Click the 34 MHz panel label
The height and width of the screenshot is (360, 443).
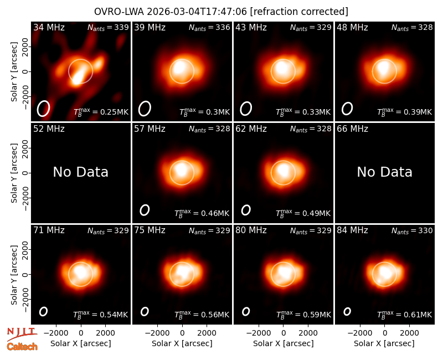[x=49, y=27]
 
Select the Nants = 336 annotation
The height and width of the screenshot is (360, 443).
[x=209, y=28]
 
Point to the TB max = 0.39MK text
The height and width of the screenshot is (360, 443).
[x=405, y=112]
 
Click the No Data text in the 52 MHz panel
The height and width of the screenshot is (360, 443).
[x=80, y=172]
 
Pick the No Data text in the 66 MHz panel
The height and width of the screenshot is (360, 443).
[x=384, y=172]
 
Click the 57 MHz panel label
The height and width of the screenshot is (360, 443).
[x=150, y=129]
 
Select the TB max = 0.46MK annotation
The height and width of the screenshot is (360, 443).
[x=202, y=213]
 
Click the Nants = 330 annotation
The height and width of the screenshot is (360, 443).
[x=412, y=231]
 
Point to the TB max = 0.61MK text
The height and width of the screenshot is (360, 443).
[x=405, y=315]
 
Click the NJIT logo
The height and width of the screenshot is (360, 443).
[x=22, y=333]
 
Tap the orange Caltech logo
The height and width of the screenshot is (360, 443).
[x=22, y=347]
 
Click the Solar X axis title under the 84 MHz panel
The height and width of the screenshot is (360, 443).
[x=384, y=343]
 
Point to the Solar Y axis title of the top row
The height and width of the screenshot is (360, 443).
[x=14, y=72]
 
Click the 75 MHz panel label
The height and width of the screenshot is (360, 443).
[x=150, y=230]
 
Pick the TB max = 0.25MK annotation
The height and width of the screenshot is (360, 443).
[x=101, y=112]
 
